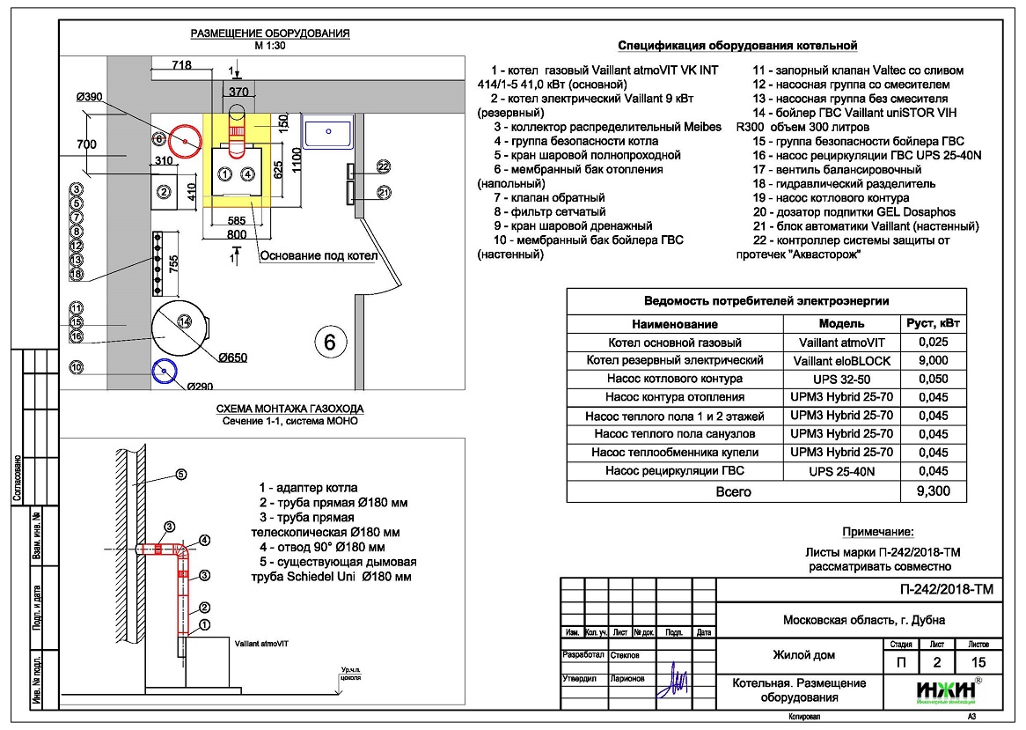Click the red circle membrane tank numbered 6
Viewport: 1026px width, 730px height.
click(x=187, y=141)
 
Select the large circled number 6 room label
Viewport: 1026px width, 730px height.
click(x=330, y=342)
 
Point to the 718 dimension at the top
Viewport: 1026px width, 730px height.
click(x=181, y=65)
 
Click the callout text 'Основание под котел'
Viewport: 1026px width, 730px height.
click(x=319, y=256)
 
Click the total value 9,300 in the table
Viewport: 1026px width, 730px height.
click(x=933, y=491)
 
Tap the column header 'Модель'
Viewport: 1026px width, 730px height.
click(x=841, y=323)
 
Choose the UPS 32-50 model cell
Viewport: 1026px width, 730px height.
click(x=841, y=379)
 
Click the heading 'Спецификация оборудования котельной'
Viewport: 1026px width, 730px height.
click(x=737, y=46)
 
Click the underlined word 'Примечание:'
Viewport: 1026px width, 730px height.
click(x=878, y=532)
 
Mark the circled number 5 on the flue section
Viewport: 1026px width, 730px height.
click(x=180, y=475)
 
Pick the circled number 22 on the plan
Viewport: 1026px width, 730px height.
click(x=383, y=166)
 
